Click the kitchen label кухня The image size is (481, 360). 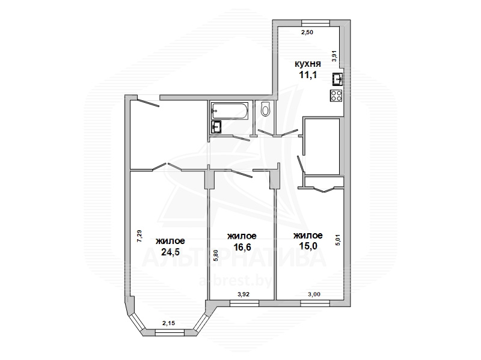(x=308, y=64)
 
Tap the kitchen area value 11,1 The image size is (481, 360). (x=308, y=75)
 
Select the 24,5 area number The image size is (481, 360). (x=170, y=252)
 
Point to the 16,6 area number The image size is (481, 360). (x=242, y=246)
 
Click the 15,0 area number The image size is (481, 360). (x=308, y=246)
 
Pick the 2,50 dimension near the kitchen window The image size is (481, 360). (x=307, y=32)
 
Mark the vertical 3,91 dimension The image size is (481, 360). (x=335, y=56)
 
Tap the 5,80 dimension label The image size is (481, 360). (x=216, y=255)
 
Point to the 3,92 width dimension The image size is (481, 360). (x=244, y=294)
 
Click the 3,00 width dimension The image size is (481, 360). (x=314, y=294)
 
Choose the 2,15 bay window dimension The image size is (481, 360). (x=169, y=323)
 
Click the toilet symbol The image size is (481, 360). (x=265, y=109)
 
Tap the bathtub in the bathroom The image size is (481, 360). (x=229, y=111)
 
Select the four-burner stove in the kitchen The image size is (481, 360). (x=336, y=96)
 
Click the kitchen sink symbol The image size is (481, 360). (x=337, y=79)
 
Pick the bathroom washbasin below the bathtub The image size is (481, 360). (x=216, y=127)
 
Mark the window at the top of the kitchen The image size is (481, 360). (x=316, y=23)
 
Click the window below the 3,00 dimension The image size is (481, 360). (x=315, y=304)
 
